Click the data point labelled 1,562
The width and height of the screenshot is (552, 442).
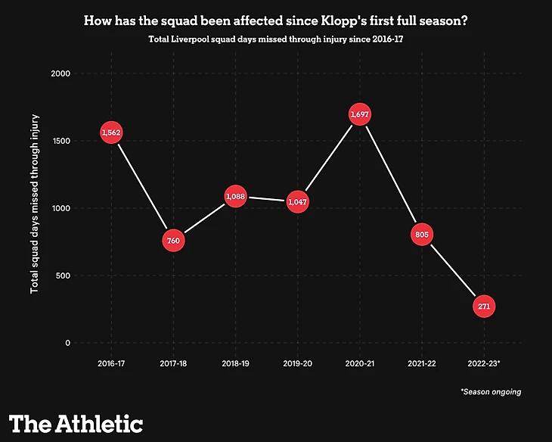pyautogui.click(x=111, y=132)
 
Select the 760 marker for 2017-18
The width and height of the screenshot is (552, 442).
pyautogui.click(x=173, y=241)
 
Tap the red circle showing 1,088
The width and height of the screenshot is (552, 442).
pyautogui.click(x=235, y=197)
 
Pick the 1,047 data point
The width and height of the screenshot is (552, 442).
pyautogui.click(x=297, y=202)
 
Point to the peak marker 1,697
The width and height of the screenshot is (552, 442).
pyautogui.click(x=360, y=114)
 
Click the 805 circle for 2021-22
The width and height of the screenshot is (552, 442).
pyautogui.click(x=422, y=235)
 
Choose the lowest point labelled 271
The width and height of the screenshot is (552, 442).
pyautogui.click(x=485, y=307)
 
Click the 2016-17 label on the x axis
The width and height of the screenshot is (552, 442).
pyautogui.click(x=111, y=364)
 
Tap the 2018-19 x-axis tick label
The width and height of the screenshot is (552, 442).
pyautogui.click(x=235, y=364)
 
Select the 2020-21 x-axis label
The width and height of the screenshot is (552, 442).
pyautogui.click(x=360, y=364)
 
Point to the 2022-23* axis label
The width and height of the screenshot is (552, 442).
pyautogui.click(x=485, y=364)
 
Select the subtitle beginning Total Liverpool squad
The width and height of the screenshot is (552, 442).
pyautogui.click(x=275, y=39)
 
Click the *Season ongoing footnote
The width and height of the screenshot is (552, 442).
pyautogui.click(x=490, y=392)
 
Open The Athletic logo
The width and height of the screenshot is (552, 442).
pyautogui.click(x=76, y=422)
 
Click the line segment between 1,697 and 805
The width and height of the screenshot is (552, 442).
pyautogui.click(x=391, y=174)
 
